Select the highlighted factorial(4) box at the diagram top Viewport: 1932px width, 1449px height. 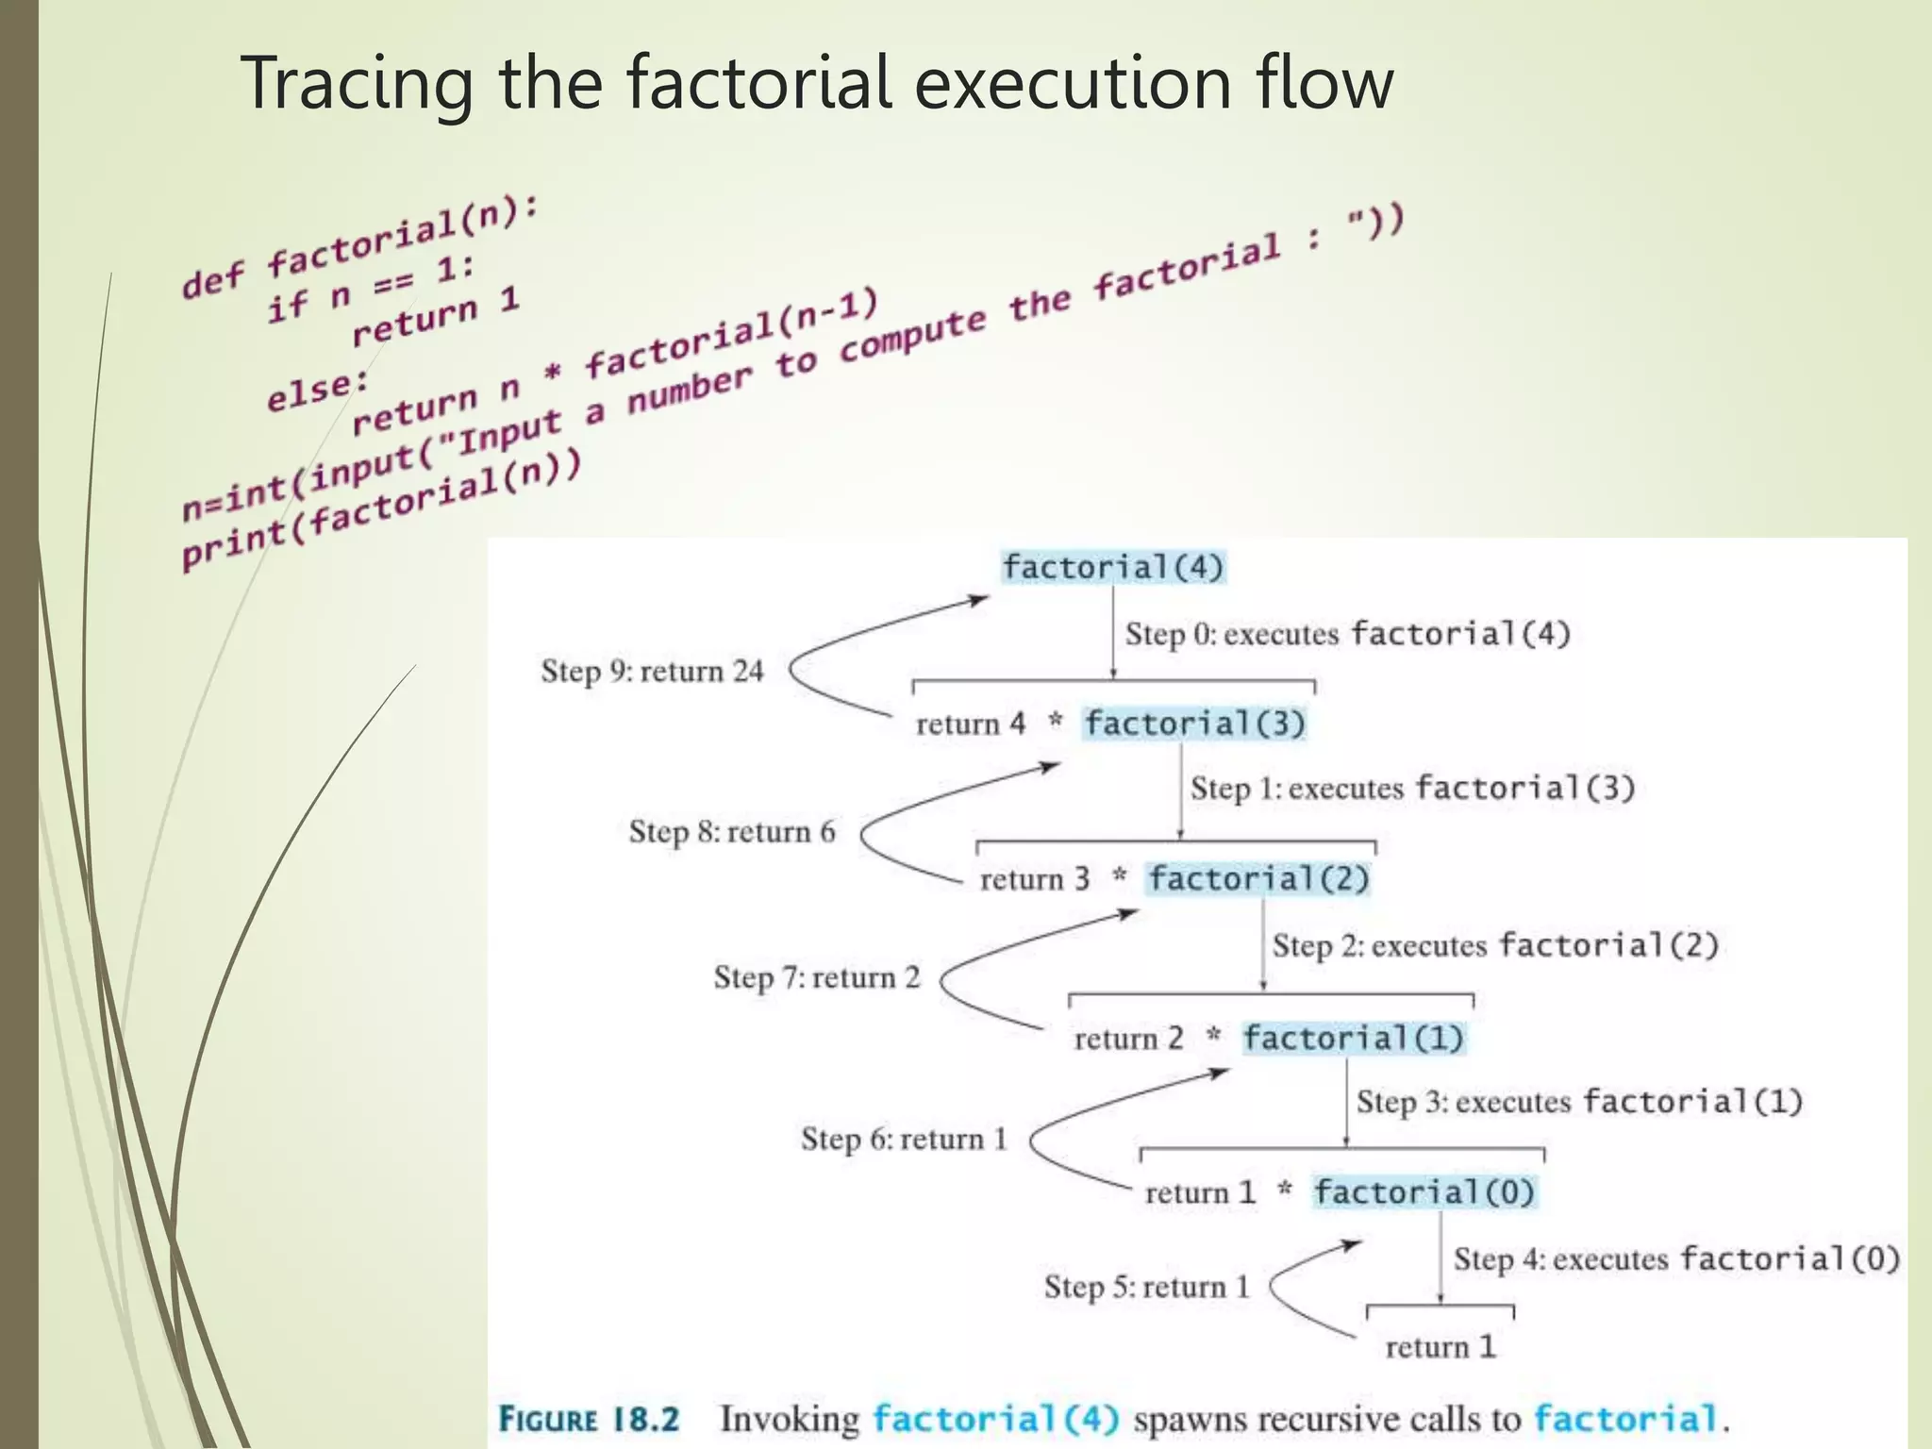click(x=1112, y=568)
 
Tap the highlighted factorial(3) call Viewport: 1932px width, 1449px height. click(x=1194, y=724)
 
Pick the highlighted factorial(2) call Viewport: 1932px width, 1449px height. click(x=1258, y=879)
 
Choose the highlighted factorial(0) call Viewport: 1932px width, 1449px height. click(x=1424, y=1192)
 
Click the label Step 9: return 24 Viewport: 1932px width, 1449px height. click(x=652, y=672)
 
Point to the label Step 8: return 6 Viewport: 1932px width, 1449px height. click(x=732, y=832)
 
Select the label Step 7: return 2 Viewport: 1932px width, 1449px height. click(x=816, y=977)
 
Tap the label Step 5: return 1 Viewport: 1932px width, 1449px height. click(x=1146, y=1287)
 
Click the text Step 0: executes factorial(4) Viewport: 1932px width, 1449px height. click(x=1347, y=634)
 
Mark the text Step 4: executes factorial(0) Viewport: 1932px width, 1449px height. click(x=1675, y=1259)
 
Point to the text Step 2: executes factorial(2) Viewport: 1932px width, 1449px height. click(x=1495, y=945)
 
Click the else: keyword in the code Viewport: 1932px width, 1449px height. click(x=319, y=391)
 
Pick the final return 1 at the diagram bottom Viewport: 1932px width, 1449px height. click(x=1441, y=1347)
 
